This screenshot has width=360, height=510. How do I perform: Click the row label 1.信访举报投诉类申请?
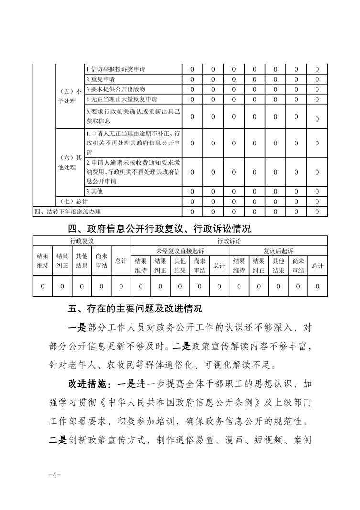tap(116, 69)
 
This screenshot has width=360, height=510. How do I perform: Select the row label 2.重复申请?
tap(100, 79)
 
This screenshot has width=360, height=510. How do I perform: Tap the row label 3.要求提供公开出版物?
tap(116, 89)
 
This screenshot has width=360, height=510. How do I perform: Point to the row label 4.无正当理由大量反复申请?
tap(121, 100)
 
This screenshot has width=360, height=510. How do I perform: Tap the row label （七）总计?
tap(72, 201)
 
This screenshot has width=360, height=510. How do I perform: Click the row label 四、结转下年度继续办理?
tap(67, 211)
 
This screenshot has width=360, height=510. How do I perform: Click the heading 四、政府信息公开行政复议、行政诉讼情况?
tap(160, 229)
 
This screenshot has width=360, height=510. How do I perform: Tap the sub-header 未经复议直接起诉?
tap(180, 250)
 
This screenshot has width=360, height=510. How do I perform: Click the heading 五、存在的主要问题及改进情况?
tap(135, 309)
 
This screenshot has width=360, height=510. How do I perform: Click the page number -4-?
tap(53, 475)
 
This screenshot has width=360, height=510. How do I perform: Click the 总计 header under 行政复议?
tap(121, 261)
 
